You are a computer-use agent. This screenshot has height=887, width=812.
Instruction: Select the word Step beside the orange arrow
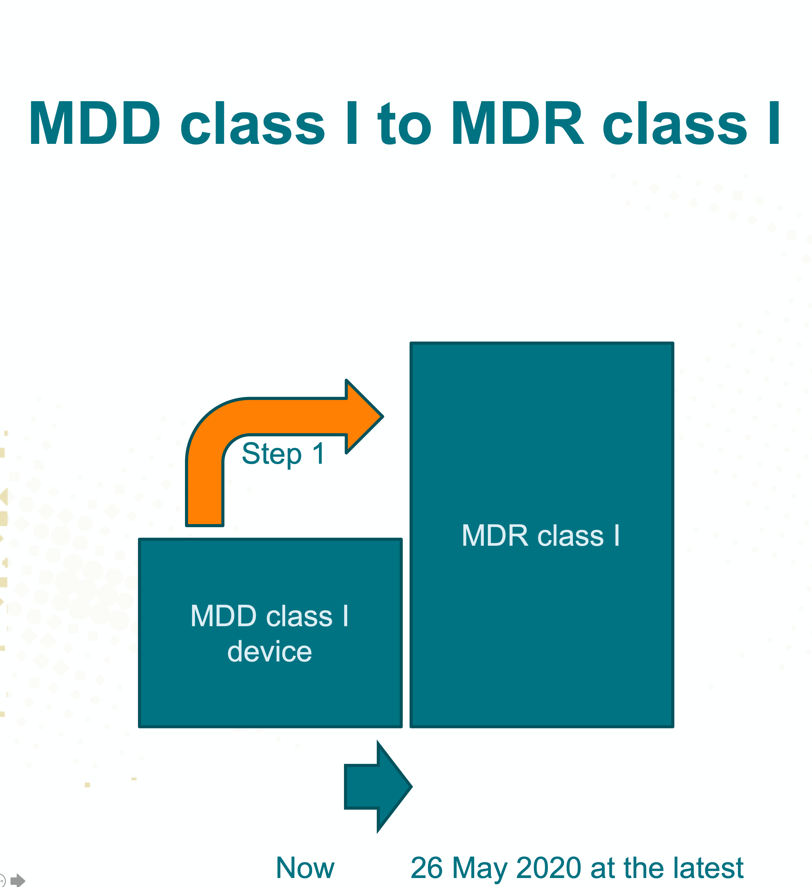[272, 454]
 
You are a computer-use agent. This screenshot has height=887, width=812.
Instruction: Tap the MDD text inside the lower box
[223, 616]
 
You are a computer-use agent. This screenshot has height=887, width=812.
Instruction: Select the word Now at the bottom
[305, 868]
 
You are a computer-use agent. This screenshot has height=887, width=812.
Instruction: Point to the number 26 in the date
[427, 868]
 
